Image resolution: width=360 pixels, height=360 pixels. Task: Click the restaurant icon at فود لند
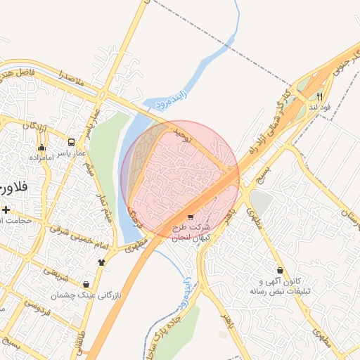319,96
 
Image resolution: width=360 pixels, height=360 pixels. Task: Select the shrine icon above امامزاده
42,148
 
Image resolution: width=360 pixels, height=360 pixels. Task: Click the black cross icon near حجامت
6,210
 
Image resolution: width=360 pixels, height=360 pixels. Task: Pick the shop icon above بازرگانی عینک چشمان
86,284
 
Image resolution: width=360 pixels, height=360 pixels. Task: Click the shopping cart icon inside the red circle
191,217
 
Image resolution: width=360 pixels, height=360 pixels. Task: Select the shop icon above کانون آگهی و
280,270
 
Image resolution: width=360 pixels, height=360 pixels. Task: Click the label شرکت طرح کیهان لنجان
191,233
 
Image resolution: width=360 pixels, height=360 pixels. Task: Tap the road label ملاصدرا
72,79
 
